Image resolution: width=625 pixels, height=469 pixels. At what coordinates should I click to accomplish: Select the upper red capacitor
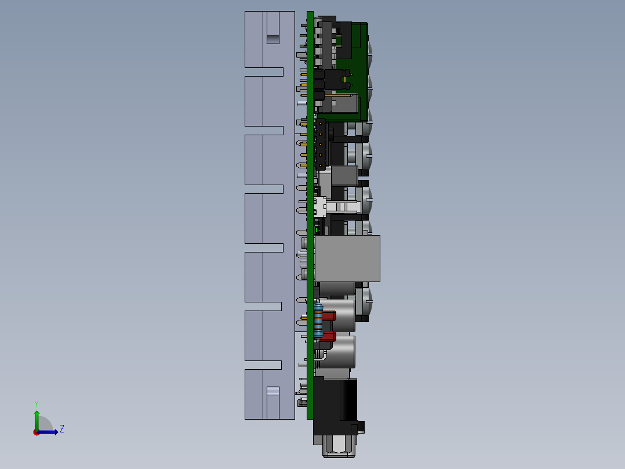(x=329, y=316)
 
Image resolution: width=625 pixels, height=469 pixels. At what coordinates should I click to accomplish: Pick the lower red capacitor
(x=329, y=336)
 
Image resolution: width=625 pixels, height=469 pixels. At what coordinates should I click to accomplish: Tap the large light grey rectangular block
(x=347, y=258)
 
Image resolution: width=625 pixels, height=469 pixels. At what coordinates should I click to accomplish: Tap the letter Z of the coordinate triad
(x=61, y=429)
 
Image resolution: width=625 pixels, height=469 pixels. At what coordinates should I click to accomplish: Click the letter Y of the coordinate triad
(x=36, y=403)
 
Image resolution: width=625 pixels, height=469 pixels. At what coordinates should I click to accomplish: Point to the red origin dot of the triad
(x=36, y=432)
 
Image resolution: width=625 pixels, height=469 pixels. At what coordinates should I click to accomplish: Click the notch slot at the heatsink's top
(x=272, y=39)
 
